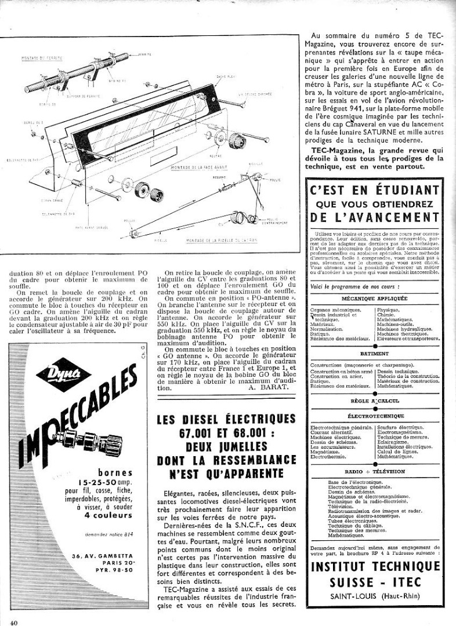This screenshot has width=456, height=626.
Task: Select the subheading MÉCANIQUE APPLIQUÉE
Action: [x=376, y=299]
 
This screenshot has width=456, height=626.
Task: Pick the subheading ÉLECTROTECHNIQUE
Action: [x=375, y=416]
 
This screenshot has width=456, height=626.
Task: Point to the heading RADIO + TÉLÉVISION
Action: [x=375, y=472]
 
